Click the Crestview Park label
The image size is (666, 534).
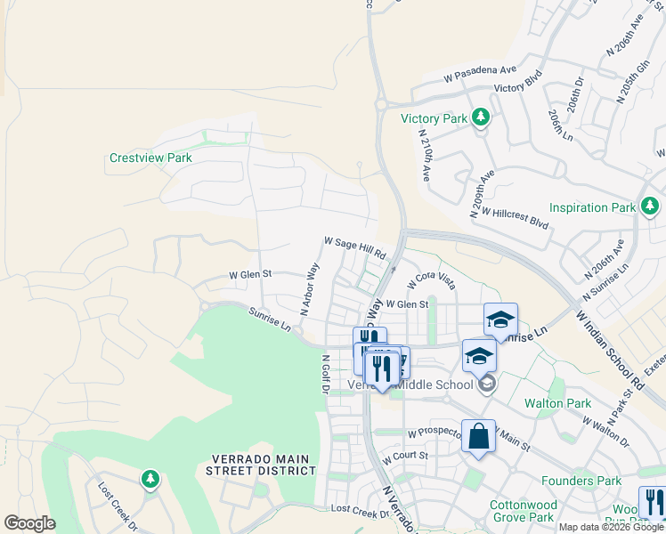click(x=150, y=158)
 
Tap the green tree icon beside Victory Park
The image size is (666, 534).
click(x=481, y=117)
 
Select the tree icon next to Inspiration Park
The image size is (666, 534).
click(x=649, y=207)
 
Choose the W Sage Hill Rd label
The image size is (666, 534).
click(x=354, y=247)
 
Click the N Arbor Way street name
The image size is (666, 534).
click(x=310, y=289)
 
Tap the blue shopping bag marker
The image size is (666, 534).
click(x=478, y=437)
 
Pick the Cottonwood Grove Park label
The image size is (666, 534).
click(x=524, y=511)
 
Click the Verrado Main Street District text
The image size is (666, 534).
click(x=260, y=465)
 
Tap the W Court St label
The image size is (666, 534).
click(x=405, y=457)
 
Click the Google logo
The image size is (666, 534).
click(x=29, y=523)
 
